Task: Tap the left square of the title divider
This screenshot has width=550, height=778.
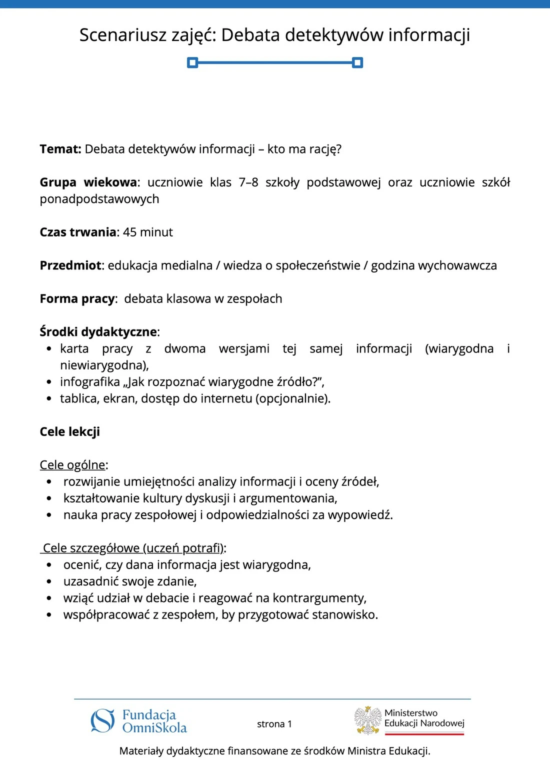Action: [192, 62]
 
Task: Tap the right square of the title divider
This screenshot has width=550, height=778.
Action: [357, 62]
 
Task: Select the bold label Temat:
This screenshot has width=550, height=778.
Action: [60, 149]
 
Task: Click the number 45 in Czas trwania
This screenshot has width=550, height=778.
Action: [129, 232]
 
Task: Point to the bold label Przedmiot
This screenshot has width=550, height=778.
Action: [71, 265]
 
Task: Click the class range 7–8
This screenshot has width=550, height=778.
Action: [248, 182]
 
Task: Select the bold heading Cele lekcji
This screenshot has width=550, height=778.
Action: [70, 431]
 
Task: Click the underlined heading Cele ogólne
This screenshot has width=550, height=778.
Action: [72, 465]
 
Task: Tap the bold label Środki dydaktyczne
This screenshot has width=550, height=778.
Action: [98, 332]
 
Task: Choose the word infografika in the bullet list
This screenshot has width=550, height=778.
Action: [90, 382]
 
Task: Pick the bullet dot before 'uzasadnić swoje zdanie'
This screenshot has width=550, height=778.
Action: [49, 581]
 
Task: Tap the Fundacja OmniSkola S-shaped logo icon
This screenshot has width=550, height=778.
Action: [103, 721]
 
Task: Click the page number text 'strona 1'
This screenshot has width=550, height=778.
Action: [274, 724]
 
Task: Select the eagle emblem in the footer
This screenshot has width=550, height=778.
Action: [368, 720]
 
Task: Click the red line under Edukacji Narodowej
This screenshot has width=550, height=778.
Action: [424, 734]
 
